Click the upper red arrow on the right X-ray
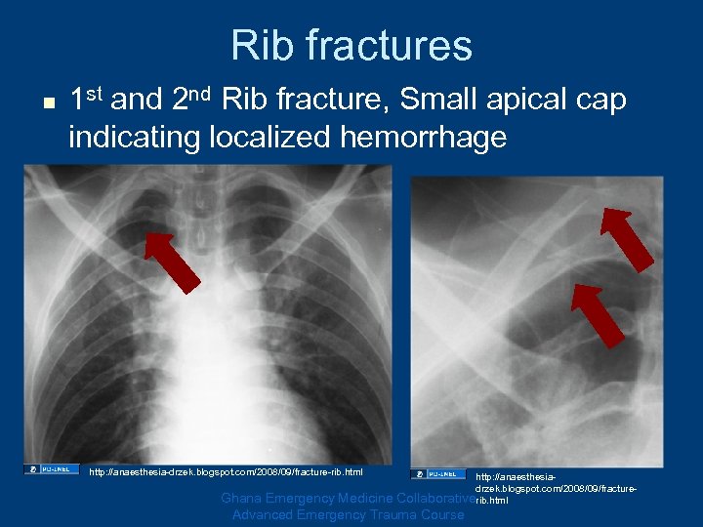pos(629,239)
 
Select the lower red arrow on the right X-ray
pos(598,314)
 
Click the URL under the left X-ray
pos(226,472)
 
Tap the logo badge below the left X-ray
pos(52,470)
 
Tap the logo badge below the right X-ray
pos(438,474)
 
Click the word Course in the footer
pos(440,514)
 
